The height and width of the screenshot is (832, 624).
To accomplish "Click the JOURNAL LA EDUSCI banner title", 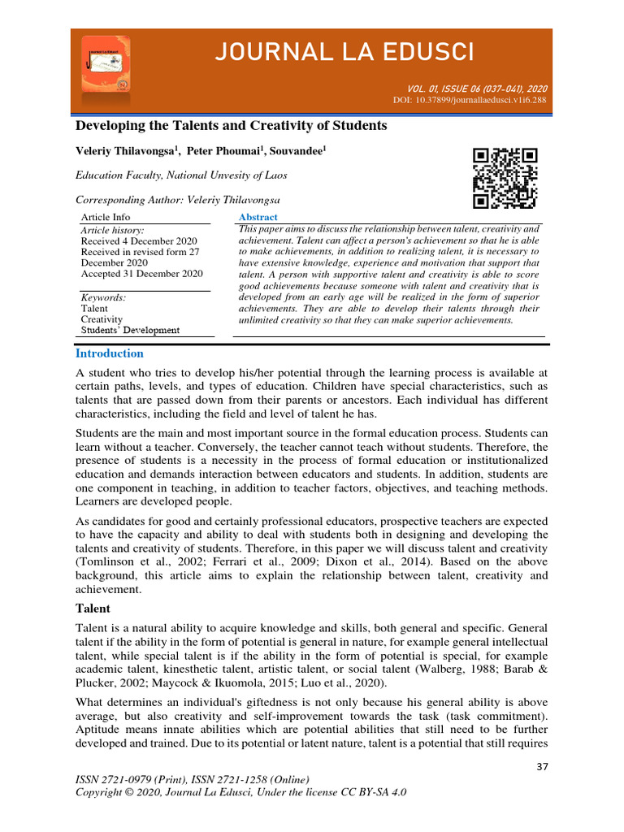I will point(343,53).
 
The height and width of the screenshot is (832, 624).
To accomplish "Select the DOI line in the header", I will point(469,100).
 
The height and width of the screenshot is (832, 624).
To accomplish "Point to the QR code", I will point(505,178).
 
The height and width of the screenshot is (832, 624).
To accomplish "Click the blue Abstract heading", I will point(258,217).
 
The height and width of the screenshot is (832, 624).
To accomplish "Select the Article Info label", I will point(105,217).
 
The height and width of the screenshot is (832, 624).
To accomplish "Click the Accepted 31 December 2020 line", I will point(141,274).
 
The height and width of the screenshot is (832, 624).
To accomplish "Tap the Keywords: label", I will point(103,298).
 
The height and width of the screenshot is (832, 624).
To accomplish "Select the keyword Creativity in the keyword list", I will point(102,319).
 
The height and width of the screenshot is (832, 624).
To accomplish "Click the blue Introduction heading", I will point(109,353).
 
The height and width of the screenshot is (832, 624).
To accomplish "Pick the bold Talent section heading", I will point(93,608).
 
